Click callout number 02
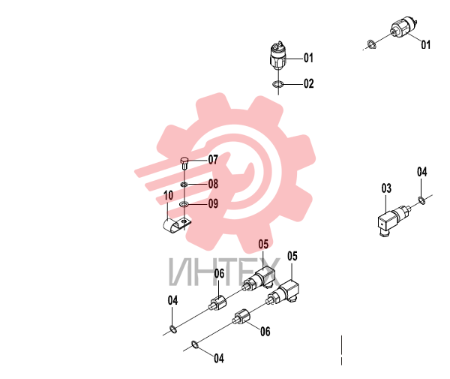[308, 83]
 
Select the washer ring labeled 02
[277, 84]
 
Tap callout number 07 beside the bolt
[213, 160]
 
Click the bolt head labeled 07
[184, 160]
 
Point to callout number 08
[213, 184]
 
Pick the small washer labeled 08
[184, 185]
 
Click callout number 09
[213, 203]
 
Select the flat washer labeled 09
[184, 204]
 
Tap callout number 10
[169, 195]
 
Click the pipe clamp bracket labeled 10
[175, 224]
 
